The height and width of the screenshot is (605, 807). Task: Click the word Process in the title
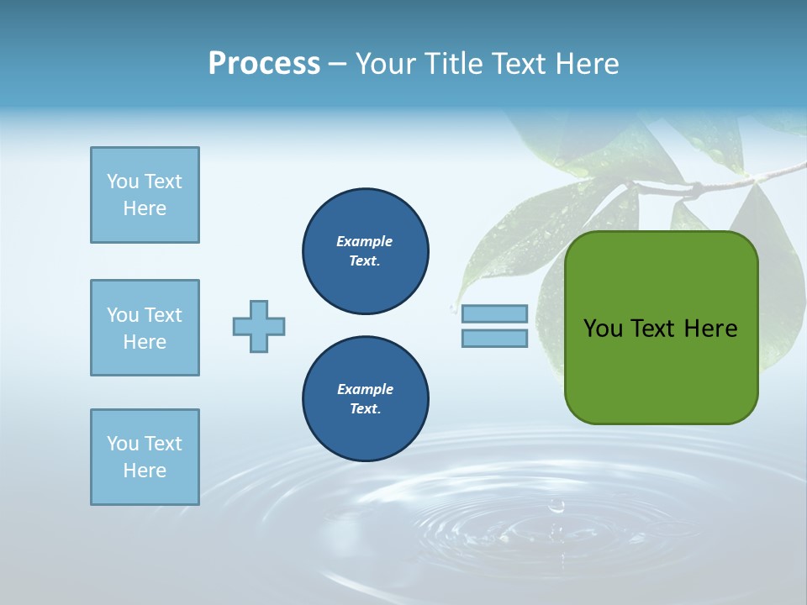point(264,64)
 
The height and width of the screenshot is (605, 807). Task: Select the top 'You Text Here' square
point(145,195)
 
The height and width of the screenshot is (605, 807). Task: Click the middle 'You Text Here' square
point(145,328)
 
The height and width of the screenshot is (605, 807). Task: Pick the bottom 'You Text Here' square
point(145,457)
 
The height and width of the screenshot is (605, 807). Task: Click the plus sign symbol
point(259,326)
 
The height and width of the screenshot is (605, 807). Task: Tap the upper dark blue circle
point(366,251)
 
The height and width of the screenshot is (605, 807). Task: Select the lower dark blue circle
point(366,399)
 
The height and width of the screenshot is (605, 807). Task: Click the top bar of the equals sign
point(494,314)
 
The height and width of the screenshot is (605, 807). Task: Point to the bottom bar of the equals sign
point(494,338)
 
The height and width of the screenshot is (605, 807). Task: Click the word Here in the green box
point(710,329)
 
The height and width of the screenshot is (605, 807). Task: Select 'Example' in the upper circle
point(365,241)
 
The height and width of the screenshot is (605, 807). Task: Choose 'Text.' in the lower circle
point(365,409)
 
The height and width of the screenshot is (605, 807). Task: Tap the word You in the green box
point(603,329)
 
